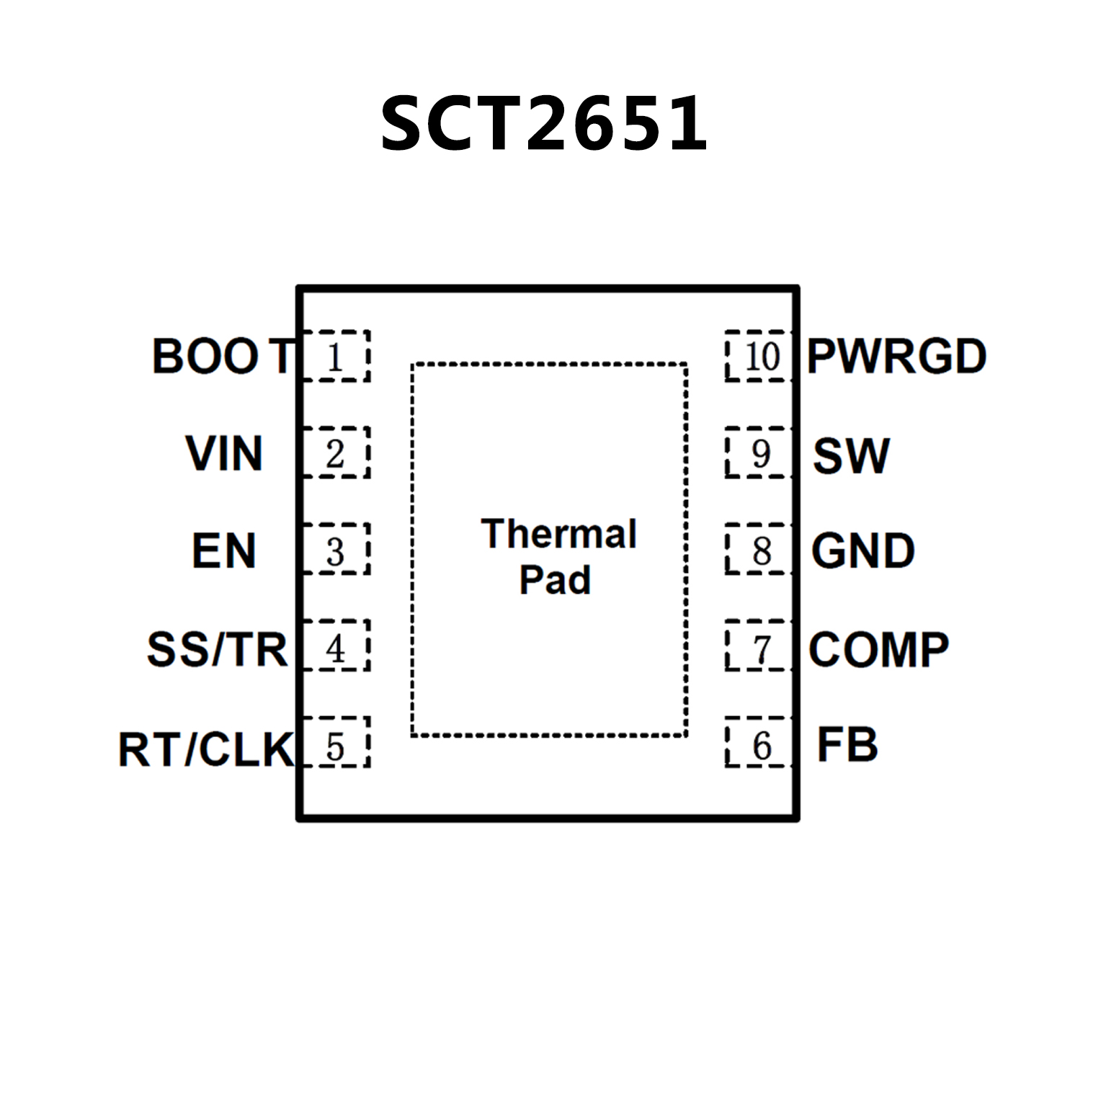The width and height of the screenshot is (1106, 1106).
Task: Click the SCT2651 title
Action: [x=544, y=124]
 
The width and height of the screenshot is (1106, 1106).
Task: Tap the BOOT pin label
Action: [x=223, y=356]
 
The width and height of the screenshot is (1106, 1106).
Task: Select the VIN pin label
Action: [x=223, y=453]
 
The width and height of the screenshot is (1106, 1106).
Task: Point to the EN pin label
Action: [x=223, y=550]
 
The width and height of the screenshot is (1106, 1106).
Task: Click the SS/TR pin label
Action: [x=217, y=648]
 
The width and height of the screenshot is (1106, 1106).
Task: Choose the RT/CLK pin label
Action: [x=206, y=749]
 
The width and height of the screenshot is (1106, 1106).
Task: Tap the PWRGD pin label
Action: [x=896, y=356]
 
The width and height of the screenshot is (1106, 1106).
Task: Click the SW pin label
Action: [x=851, y=455]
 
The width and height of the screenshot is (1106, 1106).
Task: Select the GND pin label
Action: [x=862, y=551]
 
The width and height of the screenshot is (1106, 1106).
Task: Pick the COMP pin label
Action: [x=878, y=649]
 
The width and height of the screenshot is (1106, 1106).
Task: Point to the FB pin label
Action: [x=847, y=745]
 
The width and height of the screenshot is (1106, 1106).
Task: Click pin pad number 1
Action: [x=335, y=357]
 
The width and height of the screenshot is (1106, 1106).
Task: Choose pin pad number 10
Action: [x=759, y=357]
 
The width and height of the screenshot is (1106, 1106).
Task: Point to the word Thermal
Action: [x=558, y=534]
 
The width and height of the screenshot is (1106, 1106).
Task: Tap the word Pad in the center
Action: [x=555, y=580]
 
